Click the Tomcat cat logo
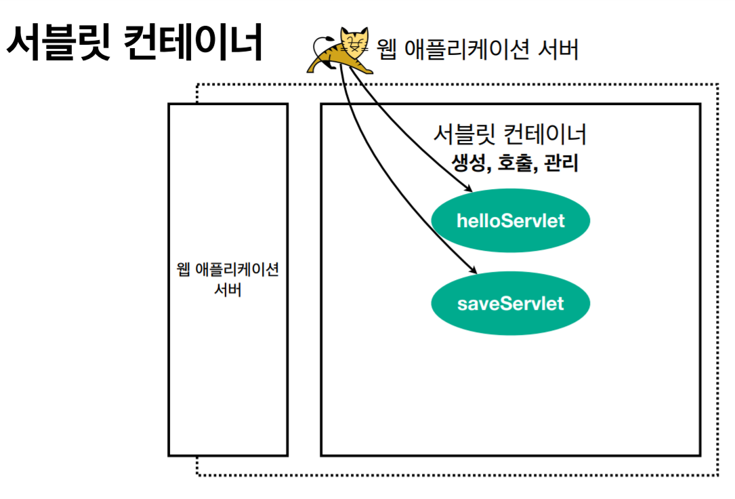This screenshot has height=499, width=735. tap(342, 50)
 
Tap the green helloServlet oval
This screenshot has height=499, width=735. tap(510, 221)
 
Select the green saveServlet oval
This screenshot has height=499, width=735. tap(510, 302)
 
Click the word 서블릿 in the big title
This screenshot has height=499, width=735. tap(58, 43)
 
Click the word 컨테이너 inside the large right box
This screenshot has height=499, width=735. tap(545, 134)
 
